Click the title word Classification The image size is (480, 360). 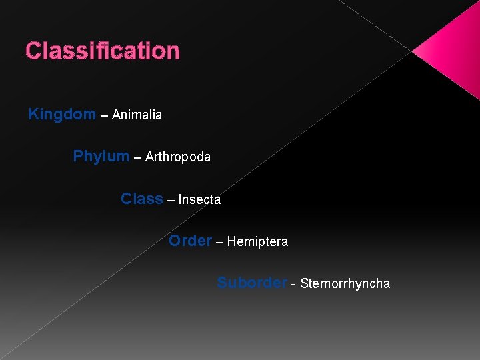pyautogui.click(x=103, y=51)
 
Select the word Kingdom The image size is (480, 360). pyautogui.click(x=62, y=114)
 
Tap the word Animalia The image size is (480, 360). pyautogui.click(x=137, y=115)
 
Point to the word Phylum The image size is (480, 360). pyautogui.click(x=101, y=157)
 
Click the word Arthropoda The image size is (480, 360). pyautogui.click(x=177, y=157)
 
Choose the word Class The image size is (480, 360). pyautogui.click(x=142, y=199)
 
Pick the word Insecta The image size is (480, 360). pyautogui.click(x=199, y=199)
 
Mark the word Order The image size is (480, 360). pyautogui.click(x=190, y=241)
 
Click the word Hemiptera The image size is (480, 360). pyautogui.click(x=257, y=241)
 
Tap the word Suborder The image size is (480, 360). pyautogui.click(x=252, y=283)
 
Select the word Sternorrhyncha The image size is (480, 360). pyautogui.click(x=345, y=284)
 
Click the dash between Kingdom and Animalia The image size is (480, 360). pyautogui.click(x=104, y=115)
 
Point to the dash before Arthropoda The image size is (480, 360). pyautogui.click(x=137, y=158)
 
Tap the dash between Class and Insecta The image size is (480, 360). pyautogui.click(x=171, y=200)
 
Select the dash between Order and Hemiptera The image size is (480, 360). pyautogui.click(x=219, y=242)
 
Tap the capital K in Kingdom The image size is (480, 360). pyautogui.click(x=33, y=114)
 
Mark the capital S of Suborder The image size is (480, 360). pyautogui.click(x=222, y=283)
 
